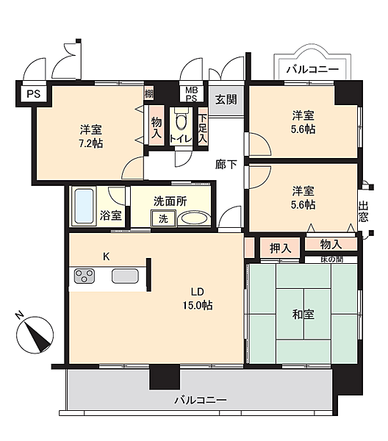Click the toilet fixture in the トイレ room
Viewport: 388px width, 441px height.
tap(181, 120)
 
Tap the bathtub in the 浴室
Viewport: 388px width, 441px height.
tap(85, 206)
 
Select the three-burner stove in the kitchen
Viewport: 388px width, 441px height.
tap(85, 276)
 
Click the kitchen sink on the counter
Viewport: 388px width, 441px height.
tap(125, 276)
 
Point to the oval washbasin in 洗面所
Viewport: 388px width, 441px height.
tap(194, 218)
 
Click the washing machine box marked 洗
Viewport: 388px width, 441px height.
tap(163, 218)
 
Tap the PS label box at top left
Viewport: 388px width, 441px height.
tap(34, 93)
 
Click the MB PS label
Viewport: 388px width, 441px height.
tap(192, 94)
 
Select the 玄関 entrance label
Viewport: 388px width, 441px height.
tap(226, 99)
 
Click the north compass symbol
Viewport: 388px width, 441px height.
tap(35, 334)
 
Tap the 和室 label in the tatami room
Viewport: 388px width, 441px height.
tap(303, 314)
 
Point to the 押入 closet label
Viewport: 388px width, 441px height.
tap(280, 248)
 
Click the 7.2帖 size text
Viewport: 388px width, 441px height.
tap(90, 144)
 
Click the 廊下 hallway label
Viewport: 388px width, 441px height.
tap(226, 165)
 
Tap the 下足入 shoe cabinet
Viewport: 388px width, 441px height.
tap(203, 126)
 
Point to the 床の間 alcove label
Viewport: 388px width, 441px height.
tap(331, 259)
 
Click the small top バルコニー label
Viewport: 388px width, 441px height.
tap(312, 69)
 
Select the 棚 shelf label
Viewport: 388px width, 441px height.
tap(149, 93)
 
